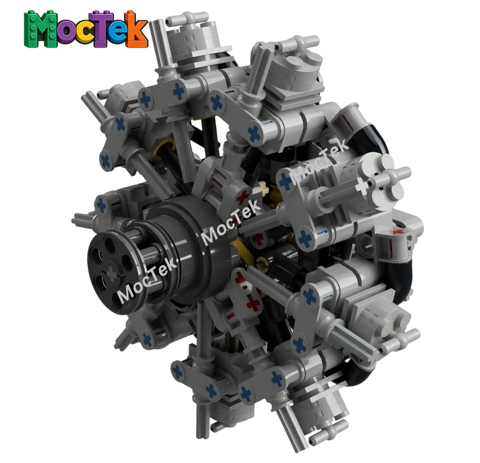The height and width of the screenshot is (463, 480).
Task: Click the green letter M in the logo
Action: [38, 29]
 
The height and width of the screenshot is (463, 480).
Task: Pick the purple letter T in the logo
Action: [102, 28]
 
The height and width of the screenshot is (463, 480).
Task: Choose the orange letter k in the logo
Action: [138, 30]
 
